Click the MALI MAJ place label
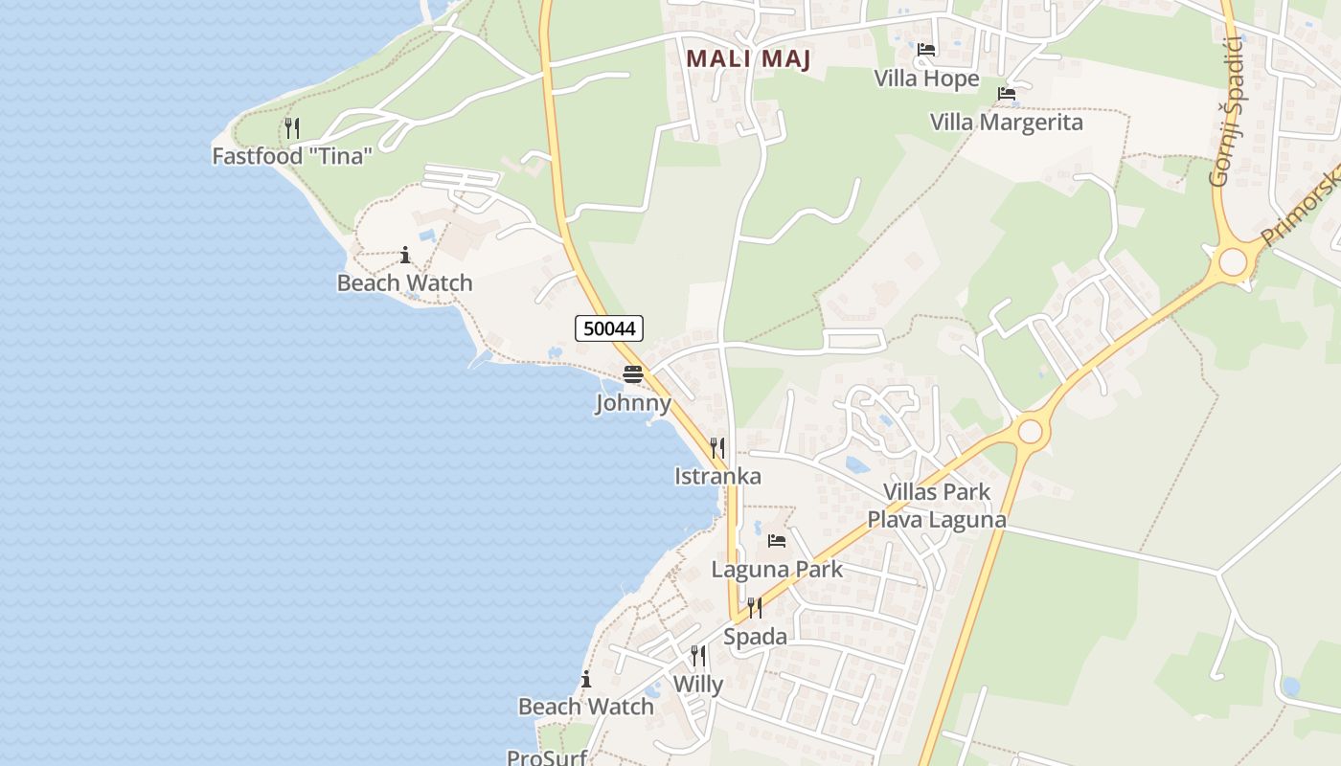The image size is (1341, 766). pos(749,57)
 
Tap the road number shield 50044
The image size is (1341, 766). pos(609,328)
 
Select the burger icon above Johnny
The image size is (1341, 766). pos(632,374)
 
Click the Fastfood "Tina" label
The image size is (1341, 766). pos(292,155)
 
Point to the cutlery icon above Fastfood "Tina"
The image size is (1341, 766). pos(292,127)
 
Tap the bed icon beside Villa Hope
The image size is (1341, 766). pos(926,50)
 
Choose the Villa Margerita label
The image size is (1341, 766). pos(1007,123)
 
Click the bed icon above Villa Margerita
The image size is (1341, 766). pos(1007,94)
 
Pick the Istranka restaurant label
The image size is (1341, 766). pos(718,476)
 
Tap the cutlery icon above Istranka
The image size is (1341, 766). pos(717,447)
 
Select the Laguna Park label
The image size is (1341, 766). pos(777,569)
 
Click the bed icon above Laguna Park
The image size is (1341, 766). pos(777,541)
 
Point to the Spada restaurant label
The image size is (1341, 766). pos(756,637)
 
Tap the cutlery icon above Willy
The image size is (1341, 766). pos(698,656)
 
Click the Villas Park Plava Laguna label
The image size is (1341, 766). pos(937,506)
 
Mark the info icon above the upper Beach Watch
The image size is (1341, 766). pos(405,255)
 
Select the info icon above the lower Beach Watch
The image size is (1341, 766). pos(586,680)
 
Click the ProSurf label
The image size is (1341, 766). pos(547,757)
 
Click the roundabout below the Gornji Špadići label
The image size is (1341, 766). pos(1233,261)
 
